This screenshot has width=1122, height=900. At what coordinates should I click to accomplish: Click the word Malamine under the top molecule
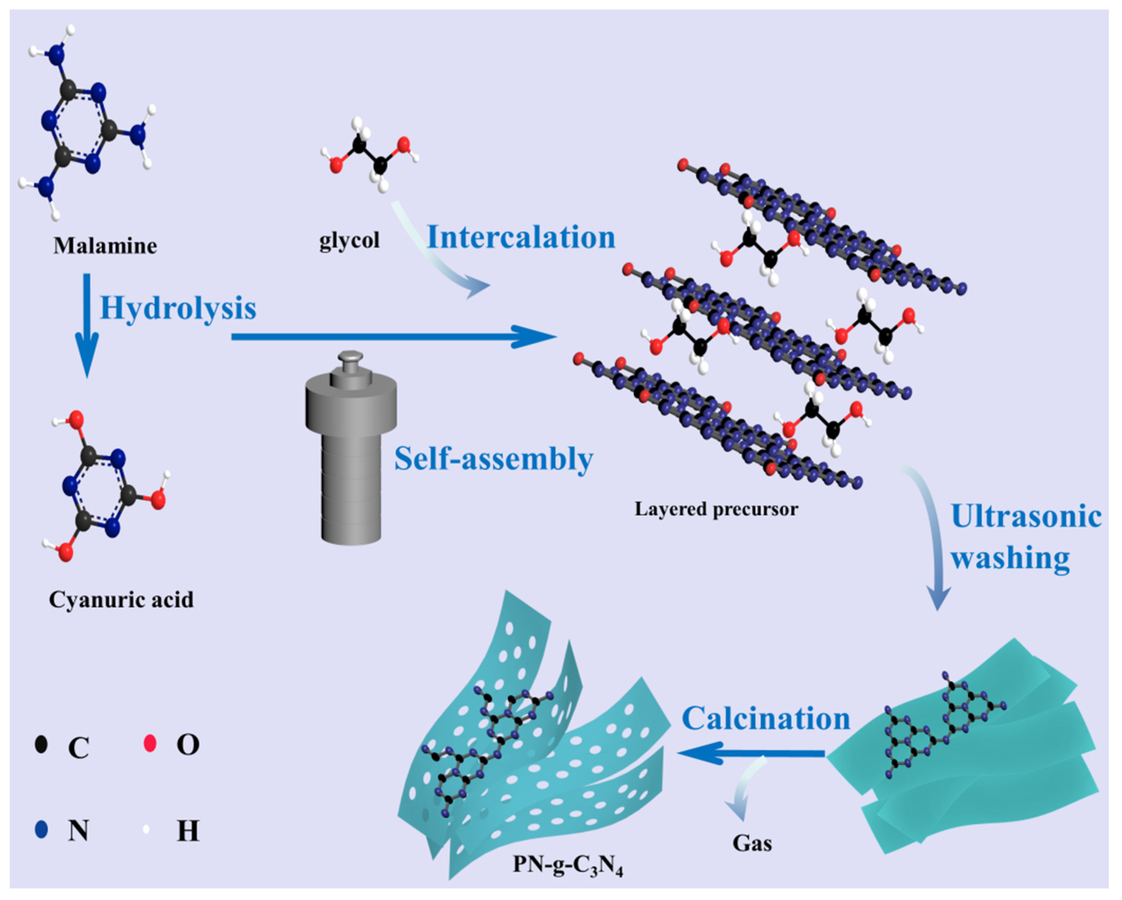[105, 246]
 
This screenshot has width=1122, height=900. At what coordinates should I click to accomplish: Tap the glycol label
[349, 241]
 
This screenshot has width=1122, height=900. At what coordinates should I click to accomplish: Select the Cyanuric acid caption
[121, 600]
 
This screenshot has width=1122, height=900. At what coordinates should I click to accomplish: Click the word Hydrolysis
[178, 308]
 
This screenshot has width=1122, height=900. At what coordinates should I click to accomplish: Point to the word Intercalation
[521, 238]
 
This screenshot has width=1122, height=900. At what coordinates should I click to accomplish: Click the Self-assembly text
[493, 459]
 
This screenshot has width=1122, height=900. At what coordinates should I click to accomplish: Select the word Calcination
[766, 719]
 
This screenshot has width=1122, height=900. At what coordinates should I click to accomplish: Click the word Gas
[752, 844]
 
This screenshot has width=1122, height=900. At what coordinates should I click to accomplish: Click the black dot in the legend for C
[41, 744]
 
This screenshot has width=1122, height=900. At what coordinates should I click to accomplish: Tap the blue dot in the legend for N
[41, 830]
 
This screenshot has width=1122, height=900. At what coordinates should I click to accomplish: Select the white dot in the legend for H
[146, 830]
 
